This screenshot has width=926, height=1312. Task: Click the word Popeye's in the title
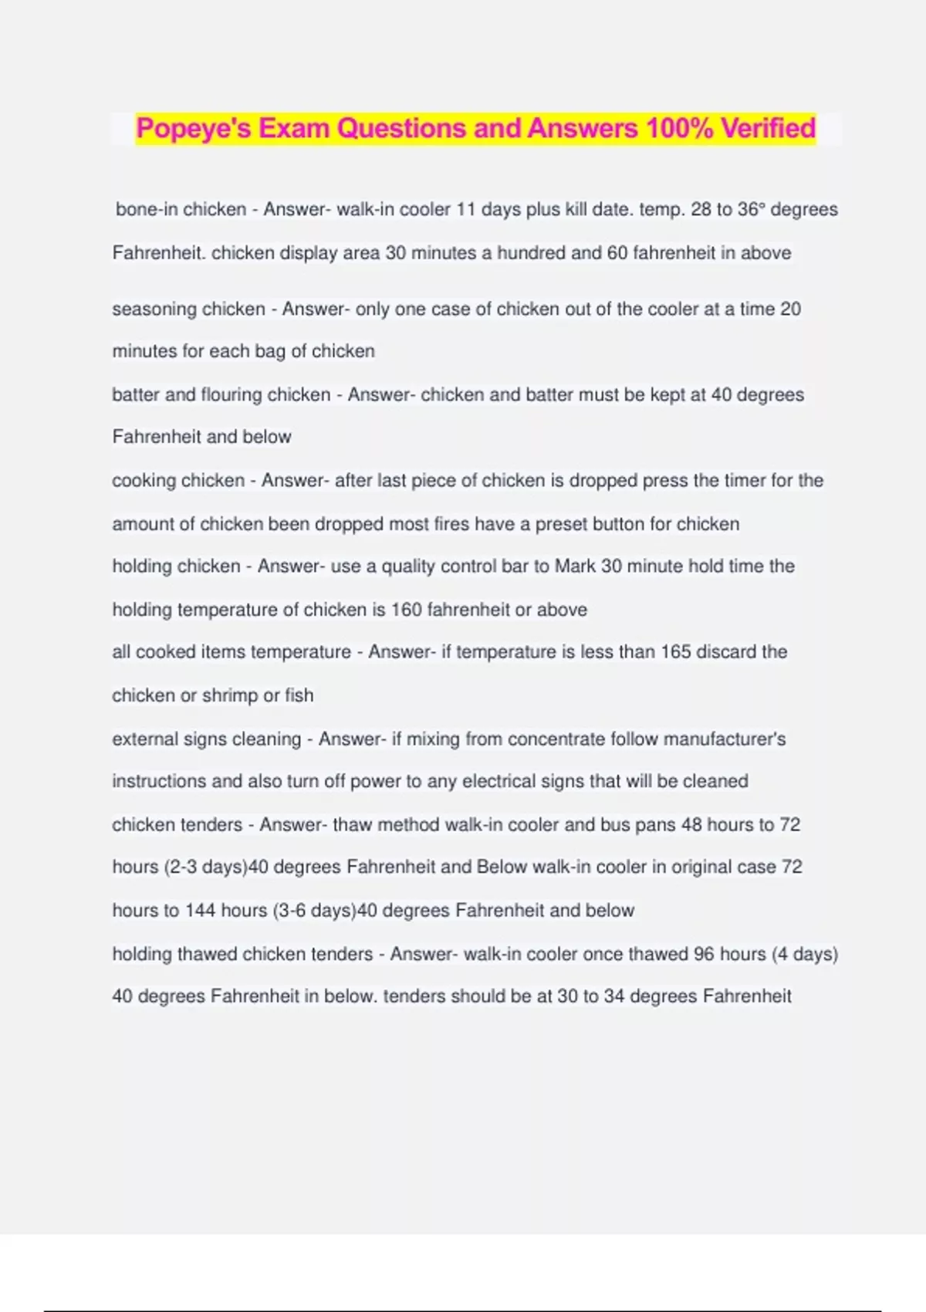pyautogui.click(x=194, y=128)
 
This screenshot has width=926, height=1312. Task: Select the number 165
pyautogui.click(x=675, y=651)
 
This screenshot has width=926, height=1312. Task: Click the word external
pyautogui.click(x=145, y=739)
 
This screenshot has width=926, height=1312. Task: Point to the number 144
pyautogui.click(x=200, y=911)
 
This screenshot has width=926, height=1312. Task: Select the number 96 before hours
pyautogui.click(x=704, y=954)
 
